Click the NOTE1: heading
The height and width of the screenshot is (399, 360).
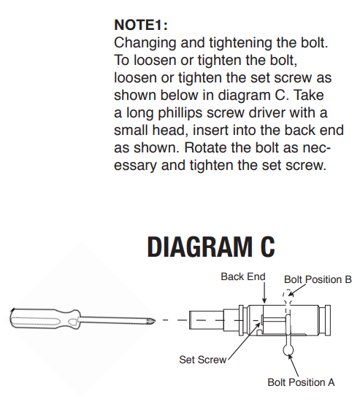point(141,25)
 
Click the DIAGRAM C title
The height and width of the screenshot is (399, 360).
point(211,247)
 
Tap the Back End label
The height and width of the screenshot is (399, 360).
point(243,276)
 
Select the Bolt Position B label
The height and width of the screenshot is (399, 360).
point(318,279)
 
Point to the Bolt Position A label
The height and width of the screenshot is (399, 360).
point(301,382)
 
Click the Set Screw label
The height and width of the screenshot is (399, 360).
point(203,360)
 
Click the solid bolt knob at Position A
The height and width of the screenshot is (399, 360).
point(288,350)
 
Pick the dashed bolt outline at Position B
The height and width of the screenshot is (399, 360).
point(288,296)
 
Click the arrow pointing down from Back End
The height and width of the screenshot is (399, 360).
point(264,293)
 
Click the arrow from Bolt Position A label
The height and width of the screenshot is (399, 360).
point(293,365)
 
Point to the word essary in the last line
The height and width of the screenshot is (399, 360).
point(135,166)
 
